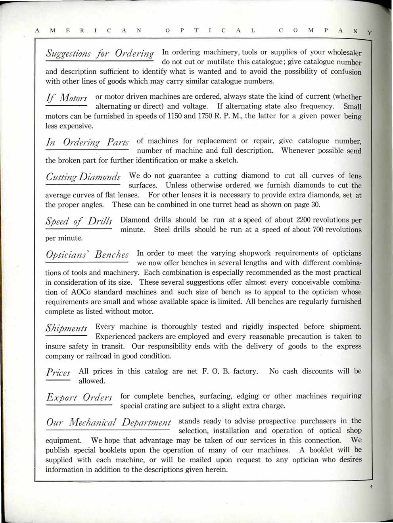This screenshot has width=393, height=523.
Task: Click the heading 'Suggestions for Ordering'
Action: pyautogui.click(x=100, y=54)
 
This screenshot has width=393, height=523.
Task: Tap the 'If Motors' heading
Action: pyautogui.click(x=66, y=98)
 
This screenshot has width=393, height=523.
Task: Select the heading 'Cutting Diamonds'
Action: pyautogui.click(x=83, y=177)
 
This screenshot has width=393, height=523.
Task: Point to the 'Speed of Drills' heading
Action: pyautogui.click(x=79, y=221)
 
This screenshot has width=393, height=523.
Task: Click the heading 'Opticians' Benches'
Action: pyautogui.click(x=87, y=255)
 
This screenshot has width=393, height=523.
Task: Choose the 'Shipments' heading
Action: pyautogui.click(x=66, y=328)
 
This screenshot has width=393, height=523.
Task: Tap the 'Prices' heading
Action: pyautogui.click(x=58, y=373)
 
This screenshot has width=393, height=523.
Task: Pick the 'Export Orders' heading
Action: pyautogui.click(x=79, y=398)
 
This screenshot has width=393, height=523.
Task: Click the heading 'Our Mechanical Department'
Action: pyautogui.click(x=108, y=422)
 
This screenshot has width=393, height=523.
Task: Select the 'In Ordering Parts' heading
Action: pyautogui.click(x=87, y=142)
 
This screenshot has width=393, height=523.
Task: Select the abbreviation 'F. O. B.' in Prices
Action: pyautogui.click(x=216, y=372)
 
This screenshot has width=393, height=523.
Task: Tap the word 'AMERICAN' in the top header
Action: pyautogui.click(x=88, y=31)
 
